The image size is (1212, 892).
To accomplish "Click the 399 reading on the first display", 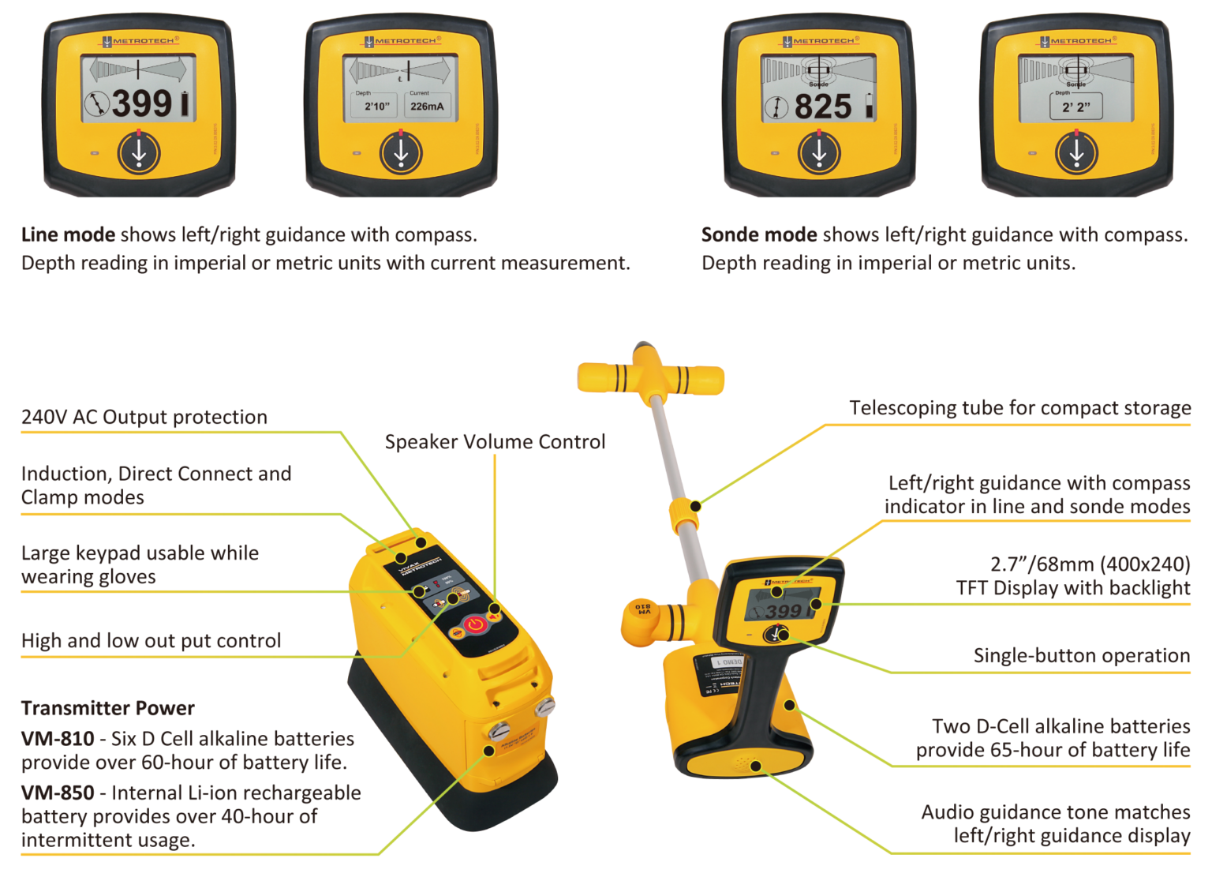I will [x=142, y=103].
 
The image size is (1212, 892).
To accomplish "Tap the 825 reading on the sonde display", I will [x=823, y=107].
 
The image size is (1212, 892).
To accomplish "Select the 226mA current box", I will [x=427, y=106].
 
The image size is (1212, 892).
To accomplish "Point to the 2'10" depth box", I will [x=376, y=106].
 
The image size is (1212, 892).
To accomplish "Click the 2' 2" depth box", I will [x=1075, y=106].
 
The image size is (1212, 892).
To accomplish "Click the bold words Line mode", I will [x=68, y=234].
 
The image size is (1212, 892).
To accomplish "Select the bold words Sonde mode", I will [x=759, y=234].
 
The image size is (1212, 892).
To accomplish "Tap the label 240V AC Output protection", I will [x=144, y=417].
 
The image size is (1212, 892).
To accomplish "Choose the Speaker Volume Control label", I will [x=495, y=441].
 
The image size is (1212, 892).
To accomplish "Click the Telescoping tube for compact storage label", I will [x=1019, y=407].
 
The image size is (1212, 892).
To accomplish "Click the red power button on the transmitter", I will [x=474, y=624].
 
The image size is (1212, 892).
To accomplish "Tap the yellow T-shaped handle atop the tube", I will [x=650, y=378].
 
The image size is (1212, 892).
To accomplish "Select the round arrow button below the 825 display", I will [x=819, y=153].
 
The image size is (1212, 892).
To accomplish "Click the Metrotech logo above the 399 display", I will [x=138, y=41].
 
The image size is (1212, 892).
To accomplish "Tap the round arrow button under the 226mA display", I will [x=401, y=153].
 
